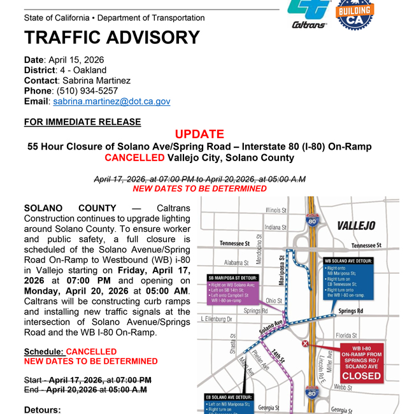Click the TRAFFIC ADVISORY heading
click(111, 38)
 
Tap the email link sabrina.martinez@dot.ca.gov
click(111, 101)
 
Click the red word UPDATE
click(199, 134)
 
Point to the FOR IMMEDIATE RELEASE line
click(82, 122)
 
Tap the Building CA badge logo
click(354, 14)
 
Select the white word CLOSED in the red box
click(362, 376)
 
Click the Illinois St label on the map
click(276, 210)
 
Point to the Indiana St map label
click(276, 227)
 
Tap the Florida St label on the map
click(346, 335)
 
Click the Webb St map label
click(343, 387)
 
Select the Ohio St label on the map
click(274, 301)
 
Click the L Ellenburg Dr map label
click(217, 318)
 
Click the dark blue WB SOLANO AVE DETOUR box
click(348, 278)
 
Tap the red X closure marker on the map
click(305, 344)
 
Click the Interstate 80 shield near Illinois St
click(311, 221)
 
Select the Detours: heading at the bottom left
click(42, 410)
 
